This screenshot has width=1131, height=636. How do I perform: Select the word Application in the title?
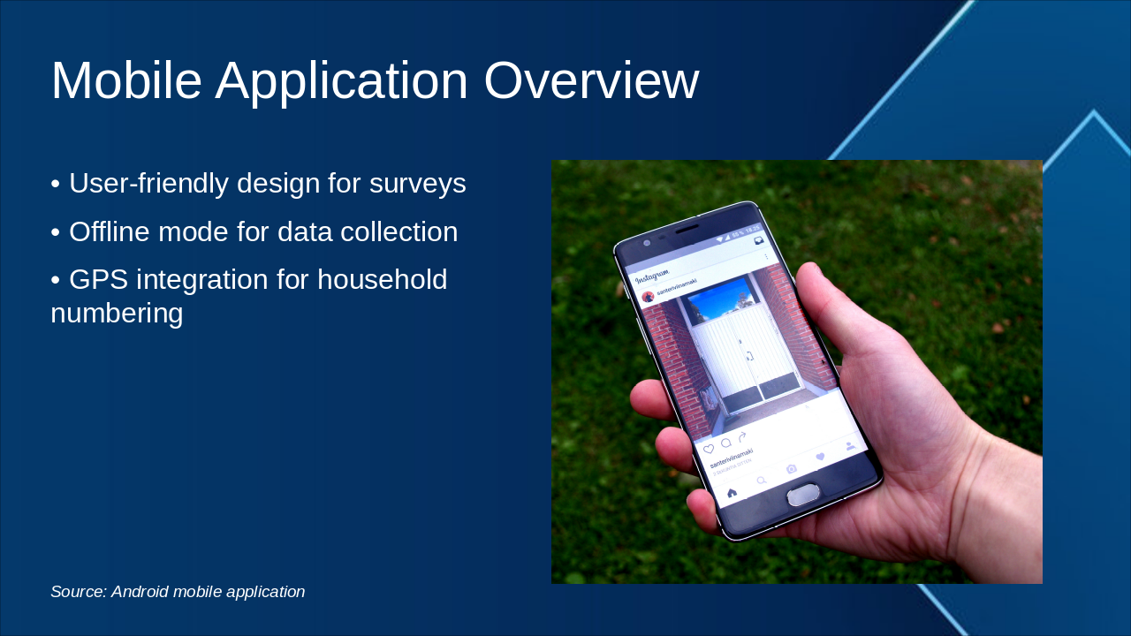click(341, 81)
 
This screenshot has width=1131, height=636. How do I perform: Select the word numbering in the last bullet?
click(117, 313)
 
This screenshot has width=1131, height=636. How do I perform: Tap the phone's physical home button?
click(803, 495)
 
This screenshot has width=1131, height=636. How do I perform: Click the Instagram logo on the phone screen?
click(652, 275)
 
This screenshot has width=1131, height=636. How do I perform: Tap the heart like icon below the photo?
click(709, 450)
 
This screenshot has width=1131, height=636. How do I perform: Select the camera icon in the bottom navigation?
click(792, 469)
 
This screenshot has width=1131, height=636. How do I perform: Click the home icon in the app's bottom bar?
click(732, 492)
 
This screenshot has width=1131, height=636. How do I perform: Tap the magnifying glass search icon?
click(762, 481)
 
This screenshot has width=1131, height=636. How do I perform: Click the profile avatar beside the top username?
click(648, 298)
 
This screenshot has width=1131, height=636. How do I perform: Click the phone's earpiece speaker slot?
click(687, 230)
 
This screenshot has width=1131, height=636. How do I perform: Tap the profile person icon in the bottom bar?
click(850, 447)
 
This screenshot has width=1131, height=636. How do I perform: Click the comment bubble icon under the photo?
click(725, 443)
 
